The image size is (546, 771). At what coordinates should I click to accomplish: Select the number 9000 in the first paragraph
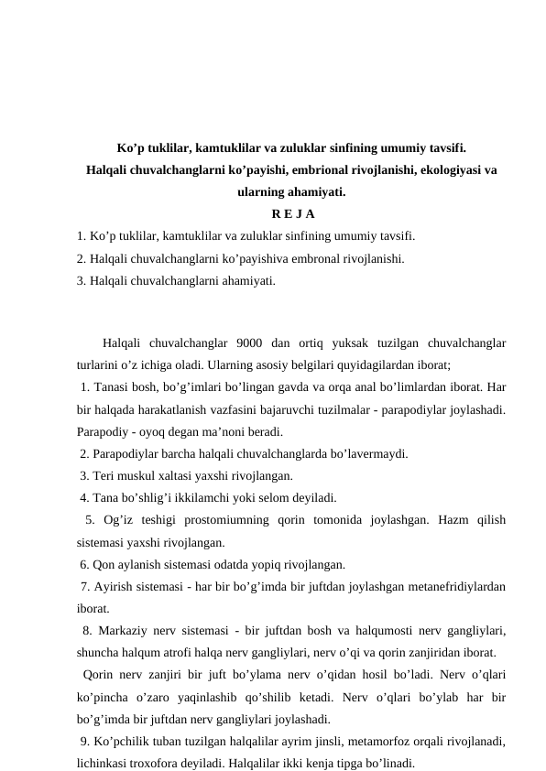click(252, 343)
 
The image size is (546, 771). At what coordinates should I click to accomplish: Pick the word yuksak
click(353, 343)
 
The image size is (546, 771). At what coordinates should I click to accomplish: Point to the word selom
click(272, 498)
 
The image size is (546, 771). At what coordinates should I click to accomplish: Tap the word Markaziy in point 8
click(123, 630)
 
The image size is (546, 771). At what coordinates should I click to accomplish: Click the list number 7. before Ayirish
click(85, 586)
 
